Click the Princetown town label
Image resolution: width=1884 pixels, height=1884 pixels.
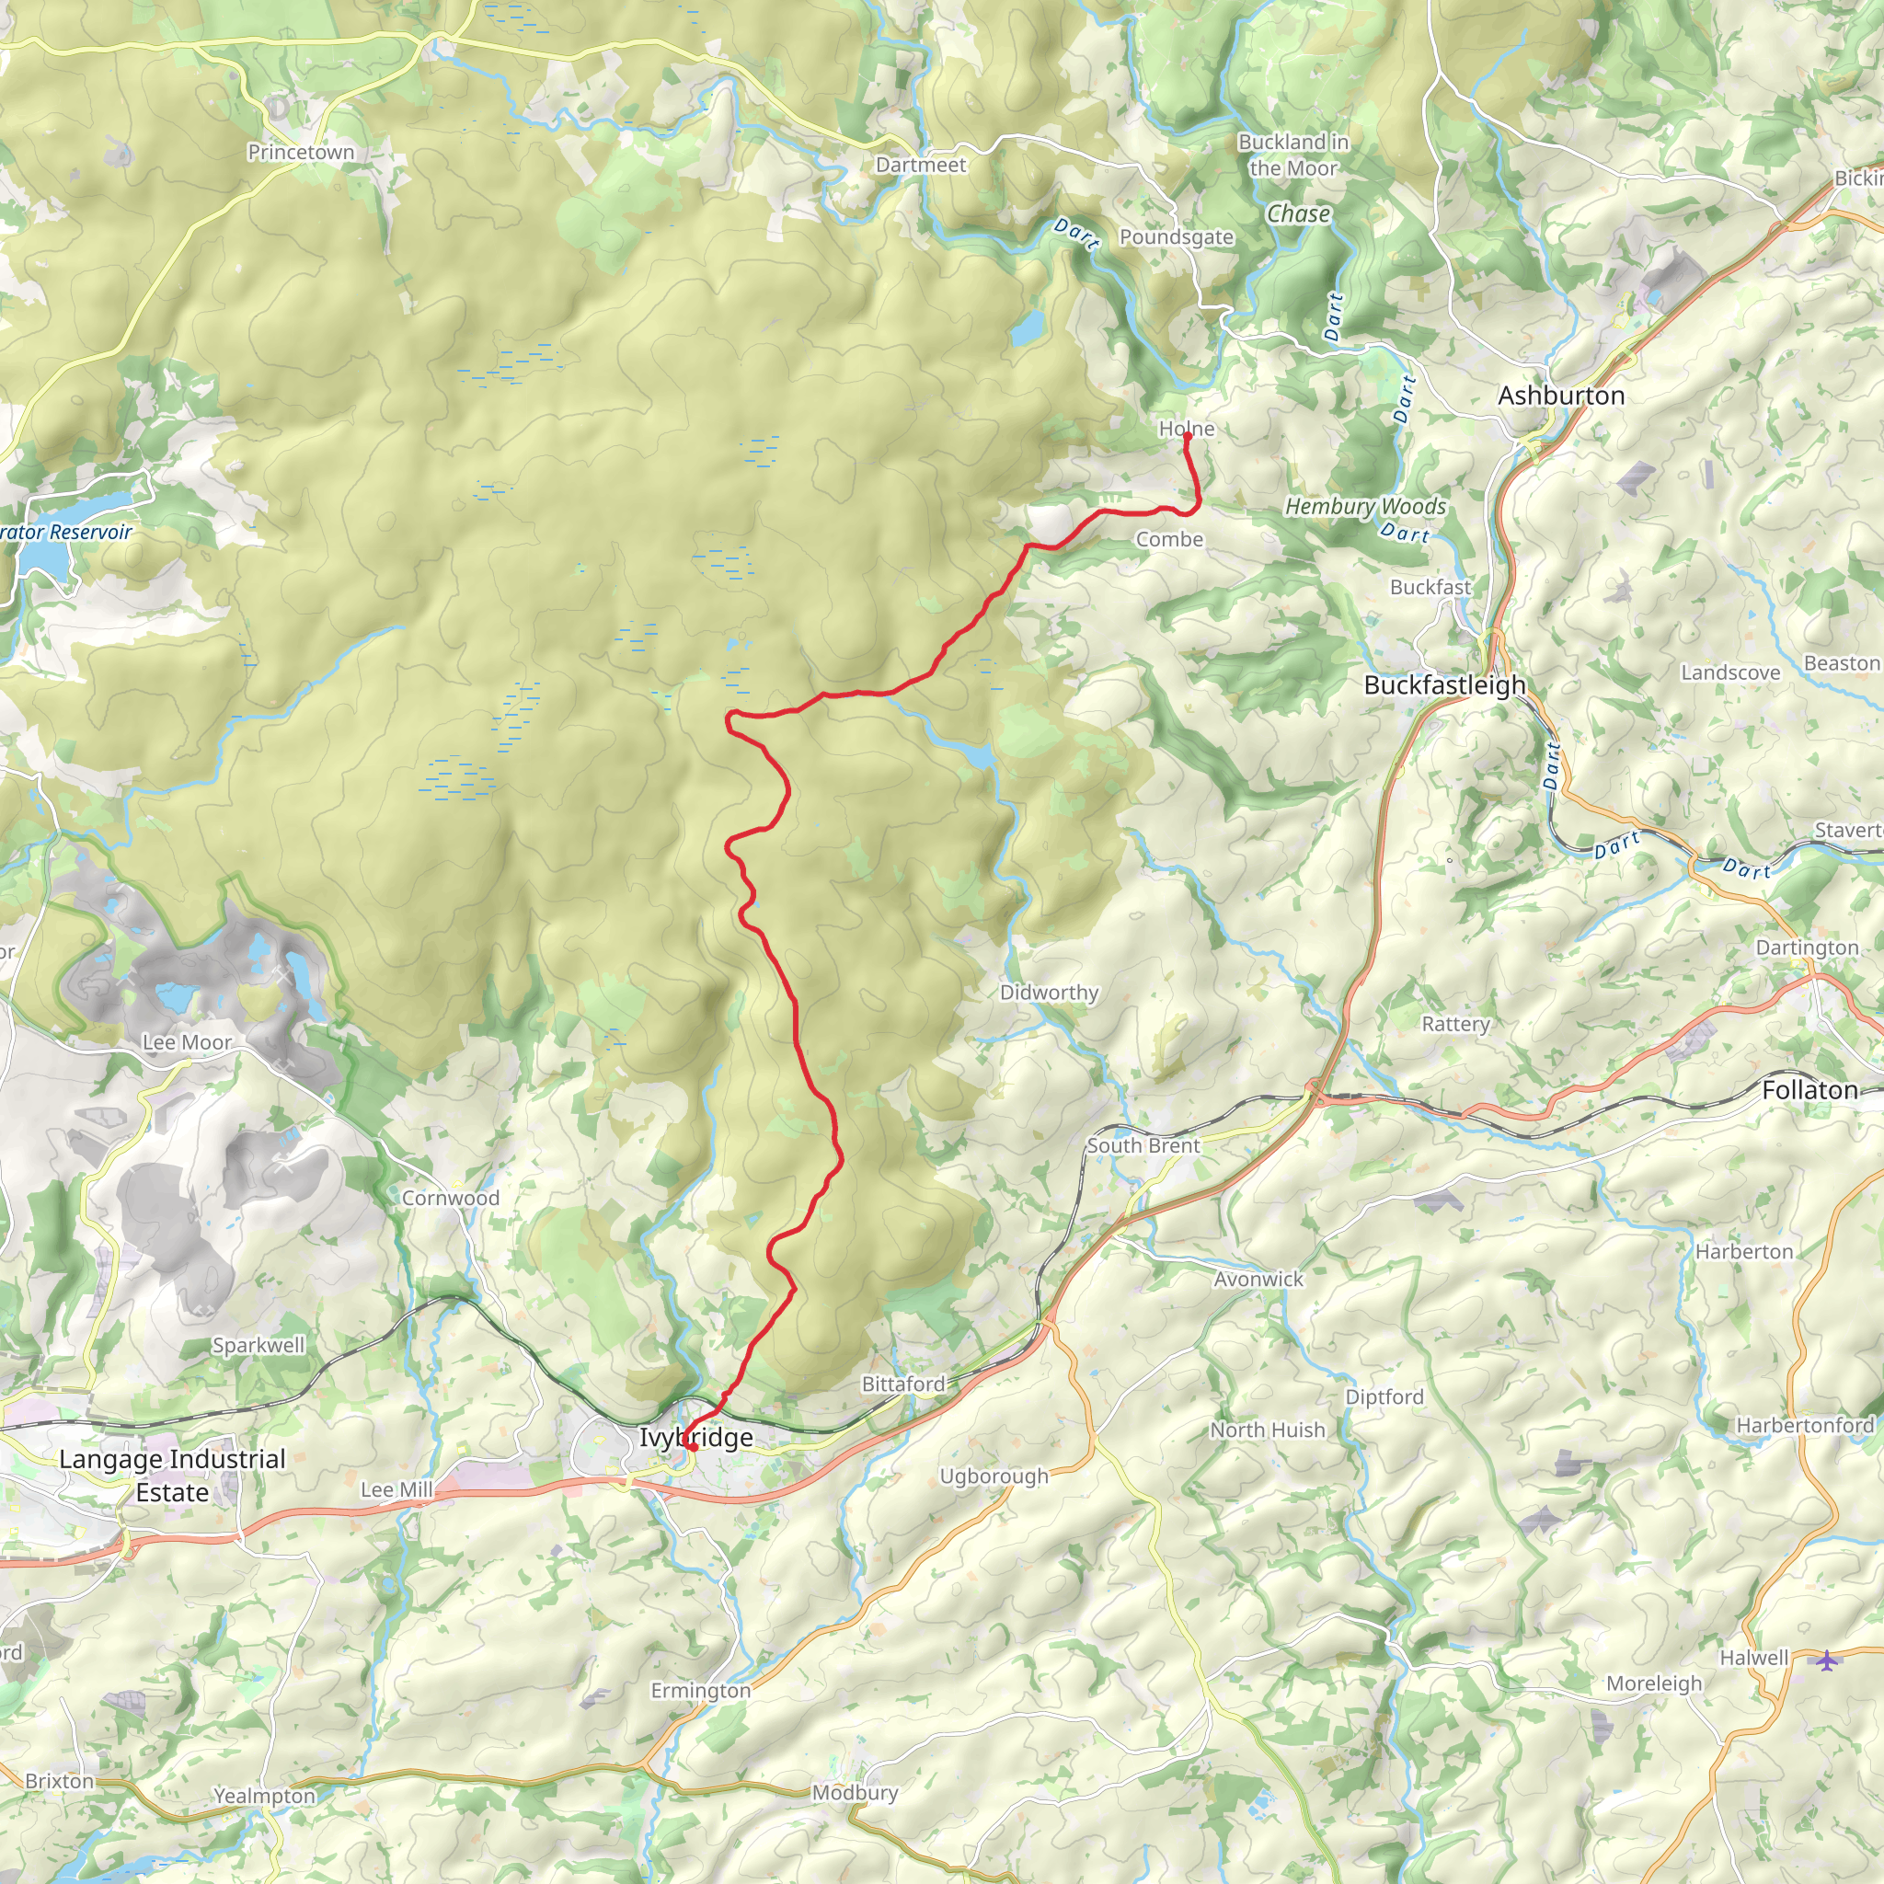click(x=300, y=152)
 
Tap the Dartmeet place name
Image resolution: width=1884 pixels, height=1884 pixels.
click(x=921, y=165)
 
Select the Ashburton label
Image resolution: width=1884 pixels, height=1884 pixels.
click(x=1560, y=395)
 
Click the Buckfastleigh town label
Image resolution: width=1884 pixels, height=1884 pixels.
click(x=1444, y=684)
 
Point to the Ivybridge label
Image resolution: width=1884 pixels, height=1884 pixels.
click(x=695, y=1438)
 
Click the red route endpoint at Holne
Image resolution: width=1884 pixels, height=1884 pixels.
click(x=1187, y=436)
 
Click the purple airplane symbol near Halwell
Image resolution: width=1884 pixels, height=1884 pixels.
click(x=1826, y=1659)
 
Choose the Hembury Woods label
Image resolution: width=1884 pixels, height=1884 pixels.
click(x=1364, y=506)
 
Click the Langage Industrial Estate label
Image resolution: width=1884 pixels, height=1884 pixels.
click(x=173, y=1476)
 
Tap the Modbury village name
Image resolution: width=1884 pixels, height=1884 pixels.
click(x=855, y=1792)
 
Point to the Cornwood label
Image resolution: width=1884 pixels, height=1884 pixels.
click(x=451, y=1198)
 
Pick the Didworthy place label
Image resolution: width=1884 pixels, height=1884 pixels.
click(x=1049, y=992)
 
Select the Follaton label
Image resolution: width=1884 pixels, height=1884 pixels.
click(x=1809, y=1090)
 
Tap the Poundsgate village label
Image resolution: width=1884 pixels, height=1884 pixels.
click(x=1176, y=237)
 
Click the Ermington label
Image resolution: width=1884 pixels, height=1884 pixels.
click(x=700, y=1691)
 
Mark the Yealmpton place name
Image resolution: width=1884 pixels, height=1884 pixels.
click(x=264, y=1796)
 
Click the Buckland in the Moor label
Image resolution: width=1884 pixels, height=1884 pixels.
click(x=1293, y=155)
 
